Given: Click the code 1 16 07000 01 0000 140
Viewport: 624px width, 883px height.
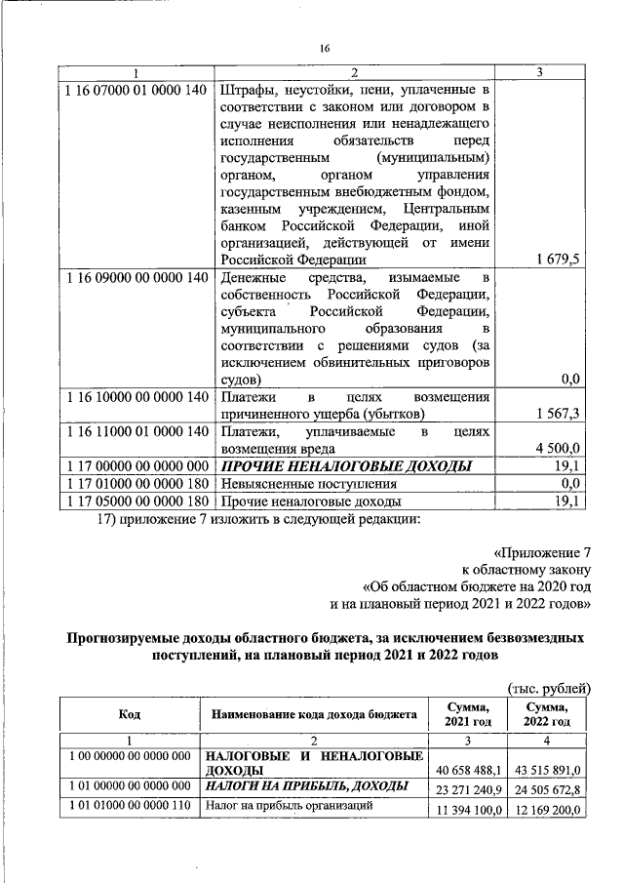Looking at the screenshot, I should pyautogui.click(x=135, y=91).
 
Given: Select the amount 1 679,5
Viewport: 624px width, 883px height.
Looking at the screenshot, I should pyautogui.click(x=557, y=260).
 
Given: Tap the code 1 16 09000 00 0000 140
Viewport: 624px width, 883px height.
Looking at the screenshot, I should pyautogui.click(x=135, y=278).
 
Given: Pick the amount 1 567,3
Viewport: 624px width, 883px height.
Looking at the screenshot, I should pyautogui.click(x=558, y=414).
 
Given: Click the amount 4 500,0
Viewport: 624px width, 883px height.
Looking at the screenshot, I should pyautogui.click(x=558, y=449).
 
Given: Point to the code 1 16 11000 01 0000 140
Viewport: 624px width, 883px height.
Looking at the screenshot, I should pyautogui.click(x=135, y=431).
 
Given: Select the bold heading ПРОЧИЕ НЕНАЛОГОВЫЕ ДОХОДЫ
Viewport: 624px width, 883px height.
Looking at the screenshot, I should pyautogui.click(x=346, y=466).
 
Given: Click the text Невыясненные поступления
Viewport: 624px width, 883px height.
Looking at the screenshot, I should pyautogui.click(x=308, y=484).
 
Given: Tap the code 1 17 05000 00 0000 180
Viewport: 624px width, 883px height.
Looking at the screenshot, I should pyautogui.click(x=135, y=502).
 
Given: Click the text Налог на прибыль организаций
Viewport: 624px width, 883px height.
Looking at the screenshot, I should pyautogui.click(x=290, y=807).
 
